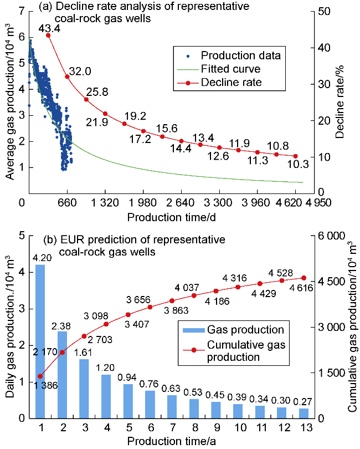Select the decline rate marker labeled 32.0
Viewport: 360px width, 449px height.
[67, 76]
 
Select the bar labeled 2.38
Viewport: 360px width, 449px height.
[62, 374]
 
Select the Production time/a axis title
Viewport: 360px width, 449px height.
[171, 441]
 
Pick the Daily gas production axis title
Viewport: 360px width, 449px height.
[9, 327]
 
